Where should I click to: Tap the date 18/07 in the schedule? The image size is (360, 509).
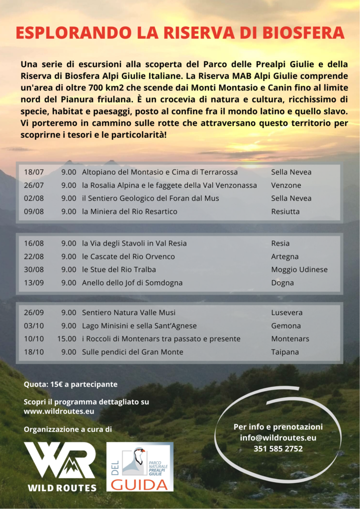click(x=34, y=172)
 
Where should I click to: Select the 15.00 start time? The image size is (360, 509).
click(x=67, y=339)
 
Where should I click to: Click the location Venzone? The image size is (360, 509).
click(x=286, y=185)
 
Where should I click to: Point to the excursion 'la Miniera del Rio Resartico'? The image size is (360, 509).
click(x=129, y=212)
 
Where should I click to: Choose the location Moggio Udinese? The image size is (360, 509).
click(x=299, y=270)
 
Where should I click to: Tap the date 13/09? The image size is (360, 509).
click(x=34, y=283)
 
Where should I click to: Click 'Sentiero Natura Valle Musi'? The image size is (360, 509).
click(x=128, y=313)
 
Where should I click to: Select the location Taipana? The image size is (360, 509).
click(x=285, y=352)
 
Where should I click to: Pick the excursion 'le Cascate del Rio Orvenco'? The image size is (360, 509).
click(x=128, y=257)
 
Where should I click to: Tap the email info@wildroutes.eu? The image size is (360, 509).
click(x=278, y=438)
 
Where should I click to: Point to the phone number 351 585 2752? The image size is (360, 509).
click(x=278, y=449)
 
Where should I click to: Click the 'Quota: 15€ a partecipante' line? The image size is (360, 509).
click(x=71, y=385)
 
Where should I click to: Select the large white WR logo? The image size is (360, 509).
click(x=60, y=461)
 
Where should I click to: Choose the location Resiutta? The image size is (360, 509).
click(x=285, y=212)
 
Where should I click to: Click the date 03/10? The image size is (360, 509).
click(x=34, y=326)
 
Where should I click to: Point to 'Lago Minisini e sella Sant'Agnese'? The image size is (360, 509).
click(x=139, y=326)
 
